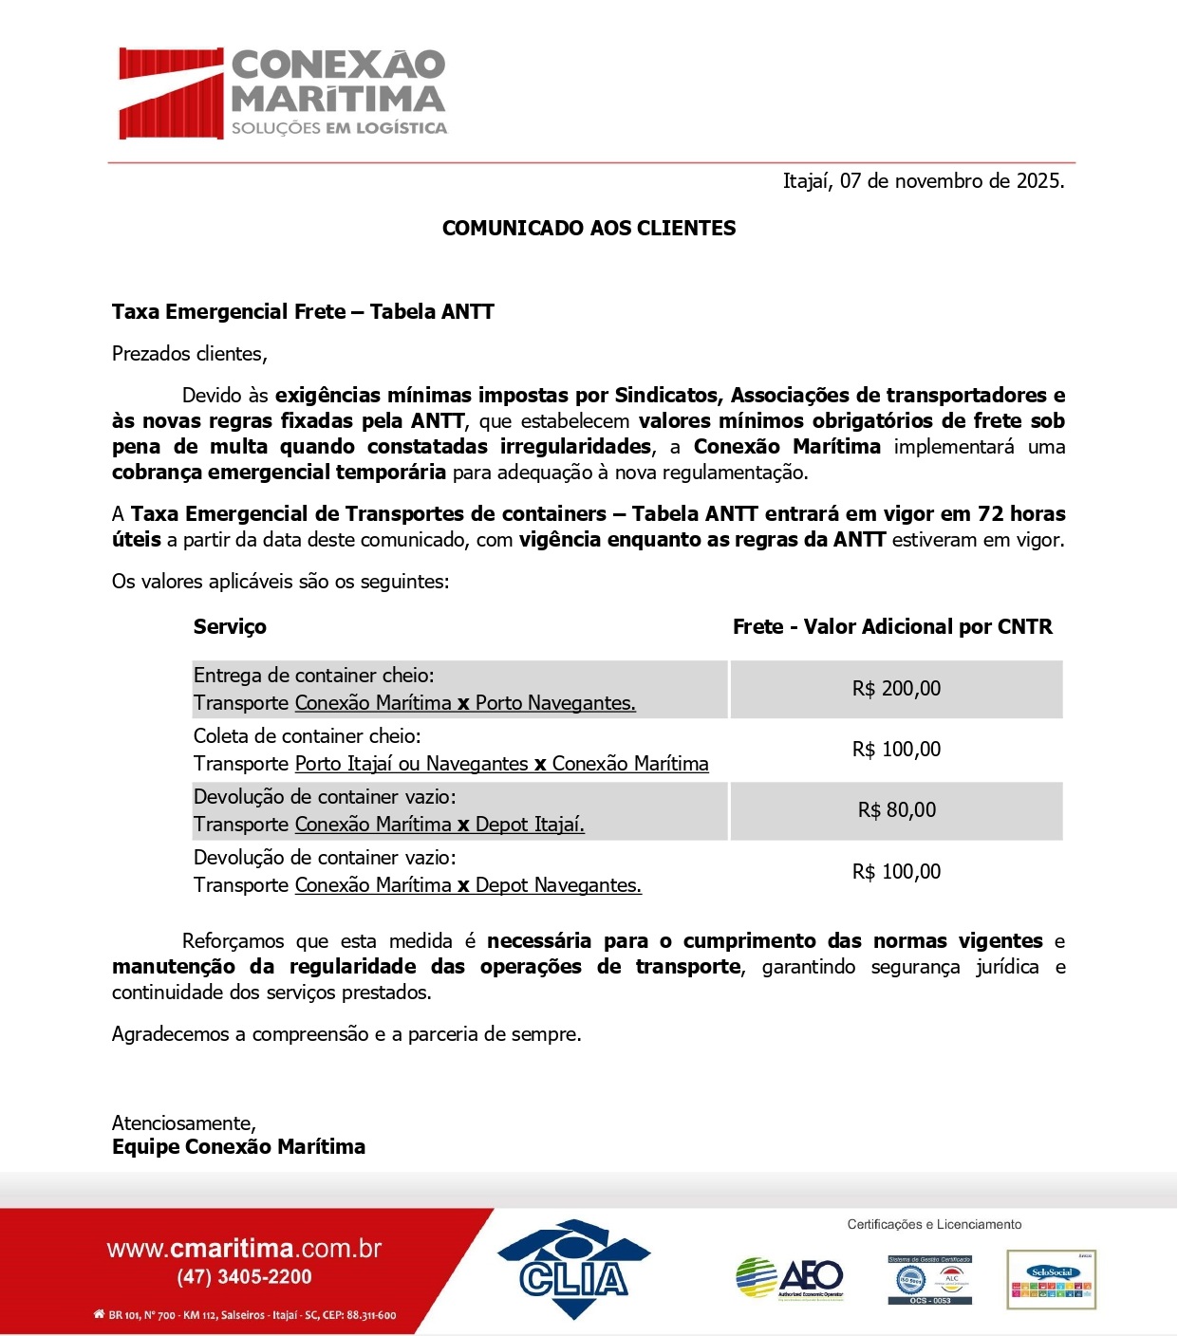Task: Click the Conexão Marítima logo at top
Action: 282,93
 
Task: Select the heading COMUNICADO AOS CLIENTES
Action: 589,229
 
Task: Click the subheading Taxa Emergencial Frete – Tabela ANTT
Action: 303,312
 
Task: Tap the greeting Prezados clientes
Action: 189,354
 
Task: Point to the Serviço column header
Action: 230,627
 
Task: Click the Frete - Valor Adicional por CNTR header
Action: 892,627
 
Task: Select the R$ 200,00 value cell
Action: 896,689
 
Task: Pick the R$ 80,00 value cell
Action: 896,810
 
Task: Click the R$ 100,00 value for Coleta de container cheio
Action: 896,750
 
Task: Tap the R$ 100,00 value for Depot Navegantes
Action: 896,872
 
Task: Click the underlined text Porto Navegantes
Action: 555,703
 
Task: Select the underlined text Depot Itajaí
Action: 530,825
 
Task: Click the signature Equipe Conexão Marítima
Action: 238,1147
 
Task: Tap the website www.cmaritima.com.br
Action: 244,1249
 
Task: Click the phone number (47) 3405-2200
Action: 244,1277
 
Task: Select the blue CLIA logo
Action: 573,1270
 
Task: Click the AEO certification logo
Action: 790,1278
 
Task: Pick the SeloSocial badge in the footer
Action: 1051,1280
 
